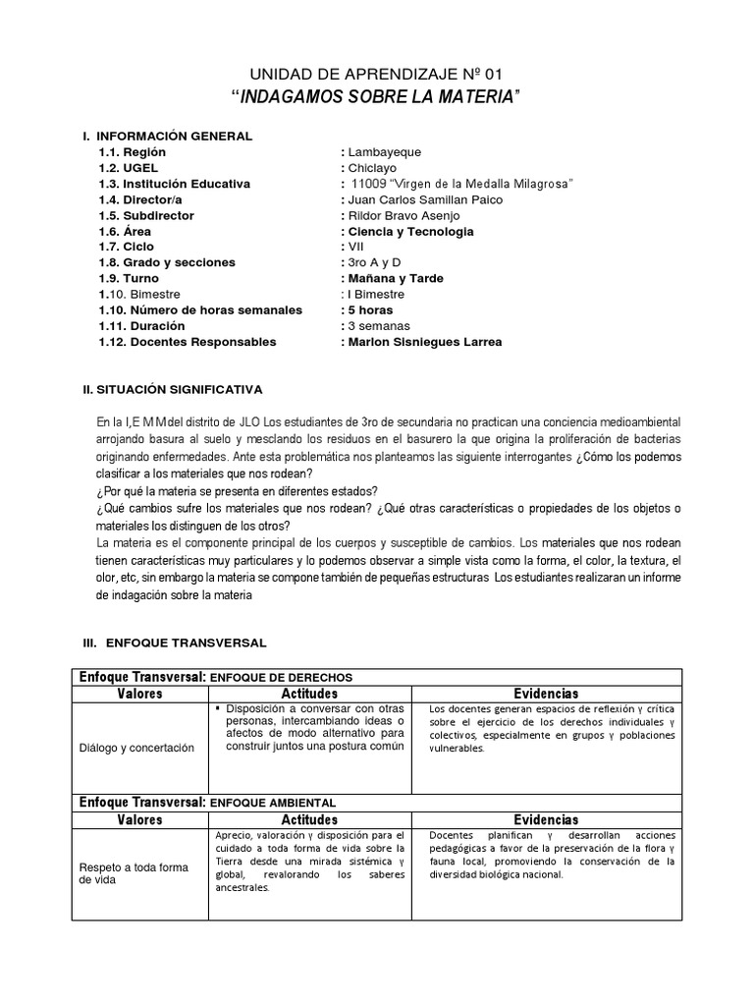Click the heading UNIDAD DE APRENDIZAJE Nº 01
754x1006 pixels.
(x=377, y=75)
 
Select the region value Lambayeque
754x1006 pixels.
(x=384, y=152)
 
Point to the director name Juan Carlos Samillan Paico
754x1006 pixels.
(x=421, y=199)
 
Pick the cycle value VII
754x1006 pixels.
(x=354, y=247)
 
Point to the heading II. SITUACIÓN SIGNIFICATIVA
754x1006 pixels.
(x=173, y=390)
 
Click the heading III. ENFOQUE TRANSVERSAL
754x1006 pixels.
(x=175, y=642)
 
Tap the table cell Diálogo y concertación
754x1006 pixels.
(x=137, y=748)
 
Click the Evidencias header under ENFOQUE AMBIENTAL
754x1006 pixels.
(x=546, y=819)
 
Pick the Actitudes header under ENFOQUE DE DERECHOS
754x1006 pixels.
(x=309, y=694)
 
